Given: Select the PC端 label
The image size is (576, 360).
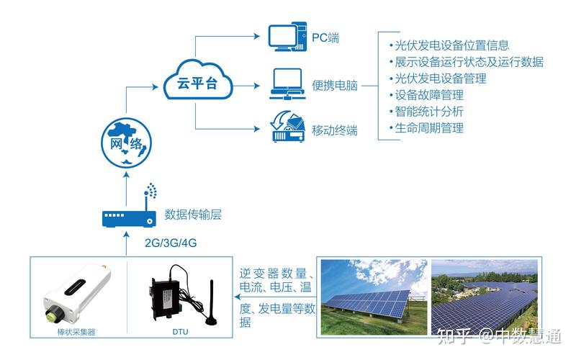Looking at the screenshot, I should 325,37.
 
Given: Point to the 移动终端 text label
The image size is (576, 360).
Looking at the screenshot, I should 335,130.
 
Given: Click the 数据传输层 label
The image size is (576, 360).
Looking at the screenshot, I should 192,214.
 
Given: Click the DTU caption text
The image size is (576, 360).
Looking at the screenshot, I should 181,332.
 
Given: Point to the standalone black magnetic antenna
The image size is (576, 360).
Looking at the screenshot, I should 214,302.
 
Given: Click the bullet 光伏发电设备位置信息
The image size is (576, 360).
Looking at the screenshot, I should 447,45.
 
